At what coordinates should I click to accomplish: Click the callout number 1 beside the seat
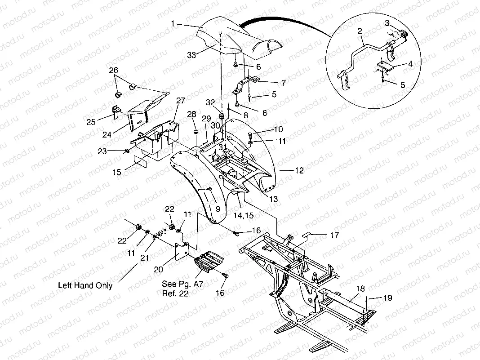173,23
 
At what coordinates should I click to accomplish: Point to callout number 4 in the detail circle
409,64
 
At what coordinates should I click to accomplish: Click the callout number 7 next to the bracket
283,83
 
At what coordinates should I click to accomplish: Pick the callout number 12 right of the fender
299,171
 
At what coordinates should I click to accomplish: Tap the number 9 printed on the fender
218,209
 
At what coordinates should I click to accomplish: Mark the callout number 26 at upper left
114,70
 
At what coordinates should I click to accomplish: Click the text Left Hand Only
85,285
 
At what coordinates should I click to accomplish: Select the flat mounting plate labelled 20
182,251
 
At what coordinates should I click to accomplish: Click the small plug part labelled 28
196,132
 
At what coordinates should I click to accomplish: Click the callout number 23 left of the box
102,151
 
